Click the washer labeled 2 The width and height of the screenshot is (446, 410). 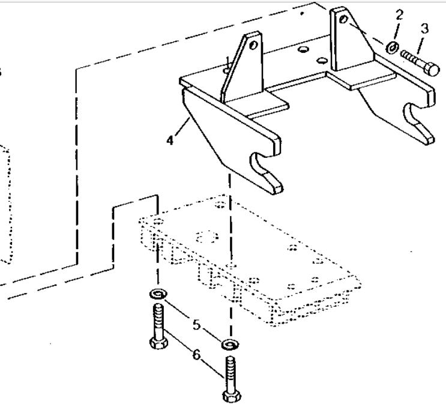pyautogui.click(x=391, y=47)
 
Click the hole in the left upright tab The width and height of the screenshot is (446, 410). pyautogui.click(x=254, y=45)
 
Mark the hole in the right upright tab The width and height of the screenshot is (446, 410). pyautogui.click(x=343, y=20)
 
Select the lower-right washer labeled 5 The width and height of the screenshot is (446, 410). pyautogui.click(x=230, y=345)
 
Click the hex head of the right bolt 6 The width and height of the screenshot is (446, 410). pyautogui.click(x=229, y=397)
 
